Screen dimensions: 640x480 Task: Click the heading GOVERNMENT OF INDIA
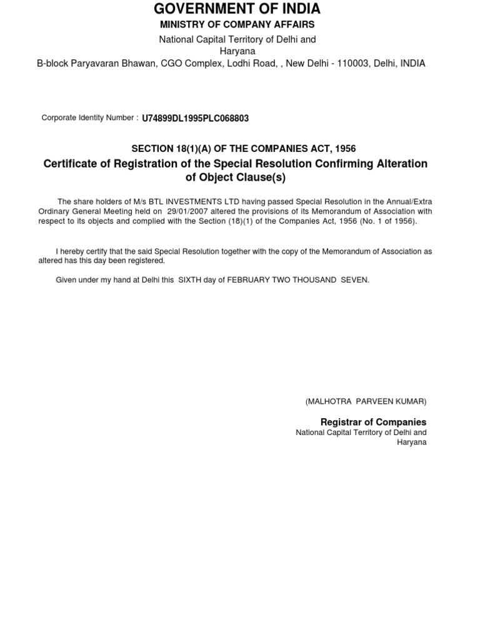tap(237, 9)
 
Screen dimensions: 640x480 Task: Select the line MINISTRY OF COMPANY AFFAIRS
tap(237, 24)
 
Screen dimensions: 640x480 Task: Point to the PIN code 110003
tap(352, 63)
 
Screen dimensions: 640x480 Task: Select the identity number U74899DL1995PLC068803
tap(195, 118)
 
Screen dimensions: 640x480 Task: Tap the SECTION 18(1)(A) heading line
tap(243, 148)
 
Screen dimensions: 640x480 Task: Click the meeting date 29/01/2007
tap(188, 211)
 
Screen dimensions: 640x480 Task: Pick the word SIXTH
tap(191, 280)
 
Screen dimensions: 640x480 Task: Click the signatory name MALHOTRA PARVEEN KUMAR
tap(366, 401)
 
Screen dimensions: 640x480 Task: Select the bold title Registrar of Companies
tap(373, 422)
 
